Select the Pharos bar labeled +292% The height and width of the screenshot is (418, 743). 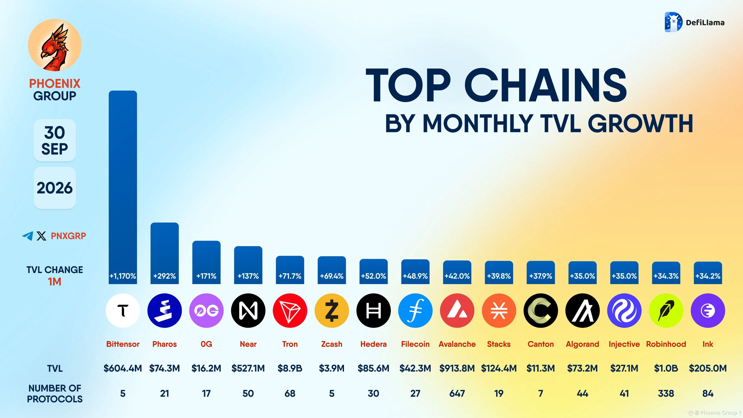click(164, 253)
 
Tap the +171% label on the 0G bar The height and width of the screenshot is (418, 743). click(206, 276)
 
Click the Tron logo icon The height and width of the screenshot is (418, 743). click(290, 310)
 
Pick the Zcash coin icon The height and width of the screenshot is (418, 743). click(332, 310)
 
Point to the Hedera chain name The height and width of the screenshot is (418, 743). click(373, 344)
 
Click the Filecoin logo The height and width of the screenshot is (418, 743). click(415, 310)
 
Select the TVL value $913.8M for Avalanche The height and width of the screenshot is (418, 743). click(457, 368)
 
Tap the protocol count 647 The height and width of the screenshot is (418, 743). click(457, 393)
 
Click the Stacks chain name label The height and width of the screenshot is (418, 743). click(499, 344)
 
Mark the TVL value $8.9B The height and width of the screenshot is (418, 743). click(290, 368)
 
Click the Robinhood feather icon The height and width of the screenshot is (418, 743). click(666, 310)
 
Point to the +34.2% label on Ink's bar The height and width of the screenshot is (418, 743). click(708, 276)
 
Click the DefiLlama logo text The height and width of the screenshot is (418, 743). click(705, 23)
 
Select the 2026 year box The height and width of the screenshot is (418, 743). click(55, 188)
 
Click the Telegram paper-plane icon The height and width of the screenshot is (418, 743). click(28, 236)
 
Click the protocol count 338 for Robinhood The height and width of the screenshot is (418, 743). click(666, 393)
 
